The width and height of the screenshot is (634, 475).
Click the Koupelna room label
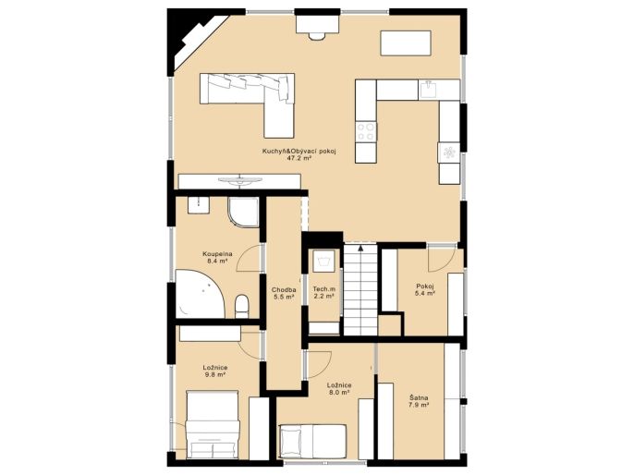tap(217, 254)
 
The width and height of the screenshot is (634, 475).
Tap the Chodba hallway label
tap(284, 289)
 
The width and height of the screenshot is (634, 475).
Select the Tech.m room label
tap(323, 289)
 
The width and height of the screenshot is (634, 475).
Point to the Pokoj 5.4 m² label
tap(424, 289)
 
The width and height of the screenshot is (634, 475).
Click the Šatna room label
tap(419, 397)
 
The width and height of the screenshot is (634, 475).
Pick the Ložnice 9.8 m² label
tap(214, 371)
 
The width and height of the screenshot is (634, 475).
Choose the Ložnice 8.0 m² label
tap(339, 388)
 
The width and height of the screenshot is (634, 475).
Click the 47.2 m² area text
tap(299, 158)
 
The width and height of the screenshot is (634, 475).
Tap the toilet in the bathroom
tap(242, 307)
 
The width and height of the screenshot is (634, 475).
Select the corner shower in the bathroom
tap(243, 213)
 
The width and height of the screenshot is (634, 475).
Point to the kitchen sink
tap(428, 90)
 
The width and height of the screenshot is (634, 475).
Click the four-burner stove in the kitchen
tap(366, 131)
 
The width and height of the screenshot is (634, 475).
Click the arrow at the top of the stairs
tap(360, 248)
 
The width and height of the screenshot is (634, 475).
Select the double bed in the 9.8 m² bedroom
tap(212, 424)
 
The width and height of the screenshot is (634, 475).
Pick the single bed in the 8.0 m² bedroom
tap(313, 442)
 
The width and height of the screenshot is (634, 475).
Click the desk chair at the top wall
tap(317, 35)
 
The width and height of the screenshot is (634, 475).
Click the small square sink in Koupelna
tap(199, 205)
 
